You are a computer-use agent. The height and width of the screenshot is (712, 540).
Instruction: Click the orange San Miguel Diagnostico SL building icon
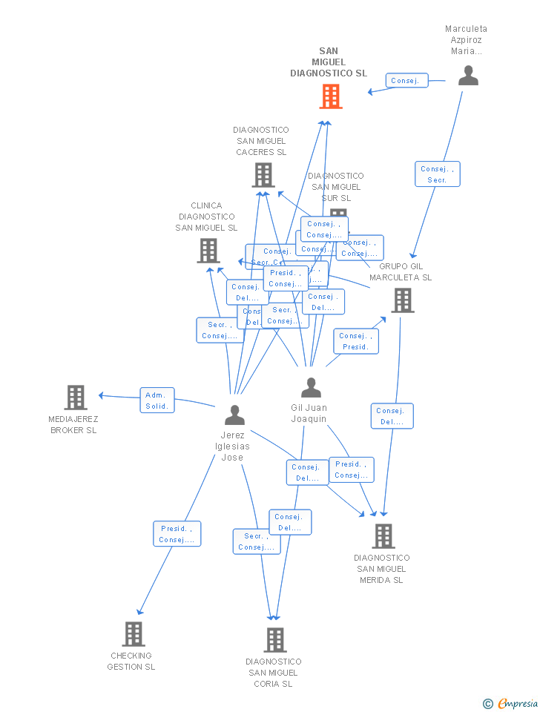[331, 96]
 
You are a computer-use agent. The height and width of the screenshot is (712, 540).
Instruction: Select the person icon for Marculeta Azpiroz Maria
[468, 76]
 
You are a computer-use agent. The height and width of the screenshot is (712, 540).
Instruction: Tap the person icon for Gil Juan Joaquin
[311, 388]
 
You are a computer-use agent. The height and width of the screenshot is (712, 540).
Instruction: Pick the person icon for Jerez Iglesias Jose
[234, 415]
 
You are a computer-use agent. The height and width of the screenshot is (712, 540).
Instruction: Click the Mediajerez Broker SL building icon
[76, 398]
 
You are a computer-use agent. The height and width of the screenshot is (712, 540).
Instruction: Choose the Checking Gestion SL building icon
[134, 634]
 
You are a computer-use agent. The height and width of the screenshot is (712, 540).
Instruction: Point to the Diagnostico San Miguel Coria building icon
[275, 640]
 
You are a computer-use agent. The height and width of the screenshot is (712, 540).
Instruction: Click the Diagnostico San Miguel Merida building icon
[383, 535]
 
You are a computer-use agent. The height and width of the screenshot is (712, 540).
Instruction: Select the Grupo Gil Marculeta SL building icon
[403, 300]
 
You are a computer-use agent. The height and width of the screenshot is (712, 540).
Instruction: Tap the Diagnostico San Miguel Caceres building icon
[263, 175]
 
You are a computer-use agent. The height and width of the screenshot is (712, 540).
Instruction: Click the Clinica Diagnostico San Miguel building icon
[208, 251]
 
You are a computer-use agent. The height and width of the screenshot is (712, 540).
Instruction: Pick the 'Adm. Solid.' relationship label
[157, 400]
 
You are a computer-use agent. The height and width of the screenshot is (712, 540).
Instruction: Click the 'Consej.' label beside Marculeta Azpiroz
[406, 81]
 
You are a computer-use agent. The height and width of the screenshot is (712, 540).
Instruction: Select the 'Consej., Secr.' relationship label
[437, 174]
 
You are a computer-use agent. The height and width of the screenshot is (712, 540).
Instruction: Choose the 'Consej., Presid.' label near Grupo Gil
[355, 341]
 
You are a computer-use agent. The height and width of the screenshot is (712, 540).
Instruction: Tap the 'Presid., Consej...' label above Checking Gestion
[177, 534]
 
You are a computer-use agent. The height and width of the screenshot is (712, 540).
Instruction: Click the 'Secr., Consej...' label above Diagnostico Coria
[256, 541]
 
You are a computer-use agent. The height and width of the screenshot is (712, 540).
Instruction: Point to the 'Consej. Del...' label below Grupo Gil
[392, 416]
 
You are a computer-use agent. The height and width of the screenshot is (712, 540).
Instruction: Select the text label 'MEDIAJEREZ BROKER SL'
[74, 425]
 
